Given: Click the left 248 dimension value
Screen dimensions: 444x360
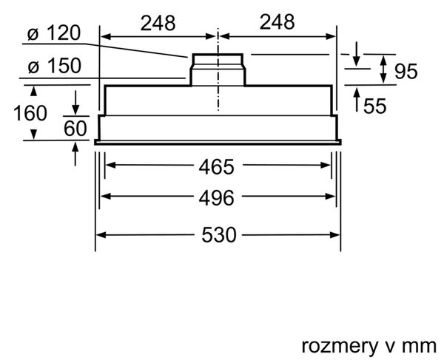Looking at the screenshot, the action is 158,23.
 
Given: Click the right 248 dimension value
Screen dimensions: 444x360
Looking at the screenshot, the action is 277,22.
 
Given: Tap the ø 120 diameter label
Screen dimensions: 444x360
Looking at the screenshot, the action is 54,33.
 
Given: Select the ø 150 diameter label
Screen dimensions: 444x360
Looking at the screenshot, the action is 54,66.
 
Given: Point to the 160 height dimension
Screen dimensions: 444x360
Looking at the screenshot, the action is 30,113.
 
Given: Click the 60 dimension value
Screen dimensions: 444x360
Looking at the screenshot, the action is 75,129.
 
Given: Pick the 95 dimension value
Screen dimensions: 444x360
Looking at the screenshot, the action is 406,71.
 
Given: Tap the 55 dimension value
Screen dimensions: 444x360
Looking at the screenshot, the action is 374,106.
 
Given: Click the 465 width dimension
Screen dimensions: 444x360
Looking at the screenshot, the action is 217,167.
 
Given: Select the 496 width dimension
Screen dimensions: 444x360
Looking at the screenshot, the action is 217,198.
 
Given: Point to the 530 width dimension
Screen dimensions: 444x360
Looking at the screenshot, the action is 218,235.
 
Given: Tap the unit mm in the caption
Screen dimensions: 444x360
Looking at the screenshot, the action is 420,347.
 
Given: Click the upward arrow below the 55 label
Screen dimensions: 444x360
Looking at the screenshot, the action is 357,100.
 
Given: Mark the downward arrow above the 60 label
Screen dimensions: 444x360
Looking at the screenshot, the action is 75,103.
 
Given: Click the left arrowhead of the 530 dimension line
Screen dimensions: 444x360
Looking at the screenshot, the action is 101,235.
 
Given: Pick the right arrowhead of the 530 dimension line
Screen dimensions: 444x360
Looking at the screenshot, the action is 334,235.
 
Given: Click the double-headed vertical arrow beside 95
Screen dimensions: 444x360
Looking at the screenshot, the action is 383,69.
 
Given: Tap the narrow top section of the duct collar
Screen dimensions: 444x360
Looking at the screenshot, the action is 218,59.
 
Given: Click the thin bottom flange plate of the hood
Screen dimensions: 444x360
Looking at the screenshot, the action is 218,142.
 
